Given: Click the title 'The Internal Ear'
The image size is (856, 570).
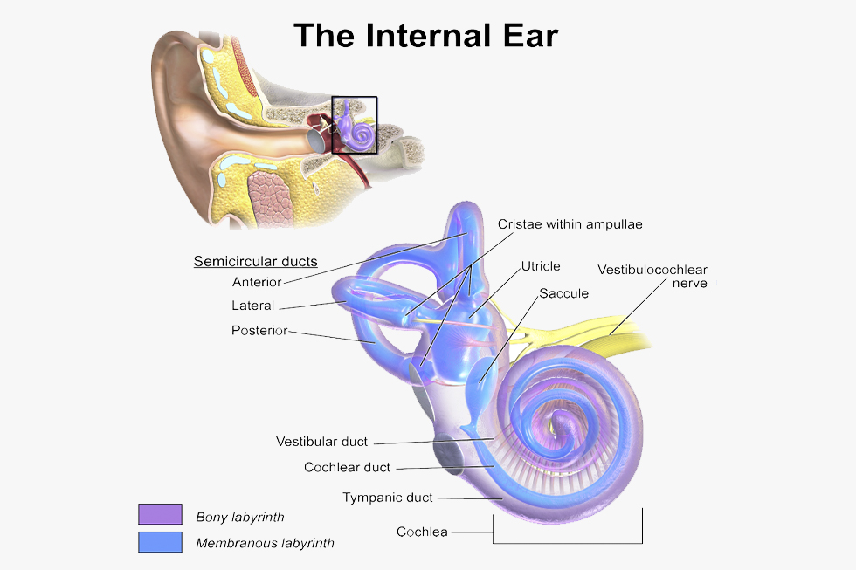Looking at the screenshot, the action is (x=426, y=36).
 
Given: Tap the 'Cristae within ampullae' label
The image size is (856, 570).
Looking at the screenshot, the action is (x=570, y=224).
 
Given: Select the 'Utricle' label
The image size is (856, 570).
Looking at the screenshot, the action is (x=541, y=266).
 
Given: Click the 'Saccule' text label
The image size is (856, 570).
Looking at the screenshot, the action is (x=564, y=293).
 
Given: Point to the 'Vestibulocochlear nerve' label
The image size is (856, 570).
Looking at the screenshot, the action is (x=652, y=276).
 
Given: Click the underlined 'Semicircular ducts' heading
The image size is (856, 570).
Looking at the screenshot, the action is (x=255, y=261).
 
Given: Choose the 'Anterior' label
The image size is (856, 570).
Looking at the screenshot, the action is (x=257, y=282).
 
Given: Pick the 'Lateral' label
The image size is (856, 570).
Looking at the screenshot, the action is (x=252, y=306).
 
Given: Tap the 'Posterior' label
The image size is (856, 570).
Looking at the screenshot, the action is (x=259, y=331).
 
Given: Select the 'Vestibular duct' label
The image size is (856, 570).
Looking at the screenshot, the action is (x=321, y=442).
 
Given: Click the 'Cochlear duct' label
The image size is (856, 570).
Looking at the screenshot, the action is (x=348, y=468).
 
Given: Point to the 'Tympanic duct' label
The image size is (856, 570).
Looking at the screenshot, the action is (x=388, y=498).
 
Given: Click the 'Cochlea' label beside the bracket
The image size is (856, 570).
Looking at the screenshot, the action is (x=422, y=532).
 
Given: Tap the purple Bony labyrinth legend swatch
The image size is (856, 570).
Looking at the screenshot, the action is (x=160, y=514).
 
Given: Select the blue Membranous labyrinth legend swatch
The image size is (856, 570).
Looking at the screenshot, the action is (x=160, y=542).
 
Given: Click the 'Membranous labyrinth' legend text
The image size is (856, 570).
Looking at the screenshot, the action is (x=265, y=543).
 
